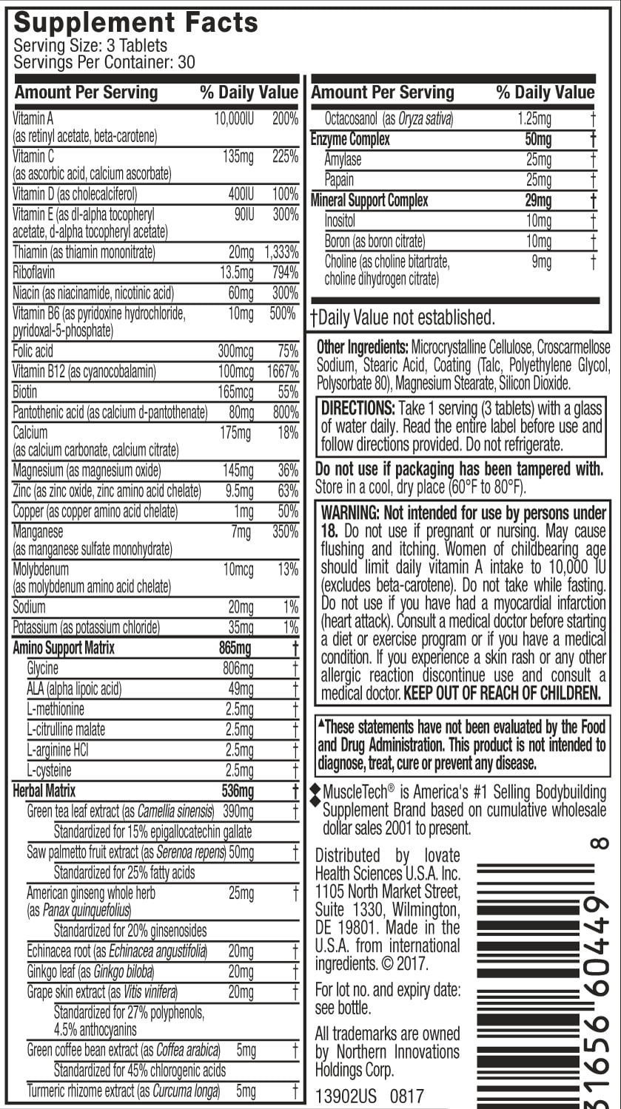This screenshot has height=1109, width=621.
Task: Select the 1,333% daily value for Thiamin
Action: pyautogui.click(x=281, y=253)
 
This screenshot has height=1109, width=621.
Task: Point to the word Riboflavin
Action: pyautogui.click(x=36, y=273)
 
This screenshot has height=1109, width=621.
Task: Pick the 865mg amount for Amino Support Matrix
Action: pyautogui.click(x=236, y=648)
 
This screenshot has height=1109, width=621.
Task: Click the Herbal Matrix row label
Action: pyautogui.click(x=44, y=791)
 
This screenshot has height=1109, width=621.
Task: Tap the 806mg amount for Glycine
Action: pyautogui.click(x=238, y=668)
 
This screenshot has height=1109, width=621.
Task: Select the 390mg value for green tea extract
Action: pyautogui.click(x=238, y=812)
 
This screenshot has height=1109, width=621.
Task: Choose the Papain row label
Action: pyautogui.click(x=339, y=180)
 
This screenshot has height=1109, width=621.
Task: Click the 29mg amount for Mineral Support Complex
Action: pyautogui.click(x=539, y=200)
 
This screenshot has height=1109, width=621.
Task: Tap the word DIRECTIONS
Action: pyautogui.click(x=358, y=409)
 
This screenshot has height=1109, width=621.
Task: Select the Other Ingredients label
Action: pyautogui.click(x=362, y=347)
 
